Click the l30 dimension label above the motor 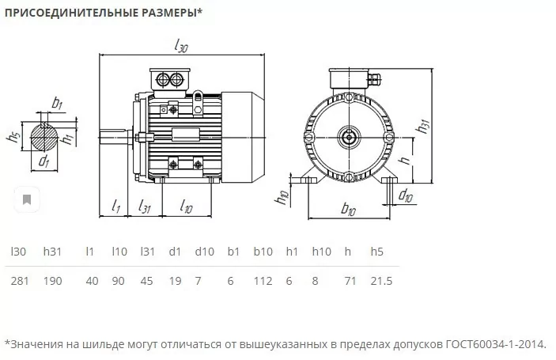(x=181, y=45)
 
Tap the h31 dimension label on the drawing (x=423, y=126)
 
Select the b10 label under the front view (x=348, y=209)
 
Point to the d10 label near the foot (x=406, y=195)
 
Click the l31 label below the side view (x=145, y=206)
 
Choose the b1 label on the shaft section (x=57, y=103)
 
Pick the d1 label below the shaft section (x=43, y=161)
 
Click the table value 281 (x=20, y=281)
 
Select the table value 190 (x=52, y=281)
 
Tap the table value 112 (x=263, y=281)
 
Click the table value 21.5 (x=381, y=281)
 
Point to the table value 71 (x=350, y=281)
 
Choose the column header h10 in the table (x=322, y=252)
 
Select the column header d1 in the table (x=175, y=252)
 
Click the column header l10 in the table (x=119, y=252)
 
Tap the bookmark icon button (x=27, y=199)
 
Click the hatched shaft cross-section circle (x=44, y=137)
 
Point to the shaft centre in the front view (x=350, y=137)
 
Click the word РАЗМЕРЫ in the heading (x=172, y=13)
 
